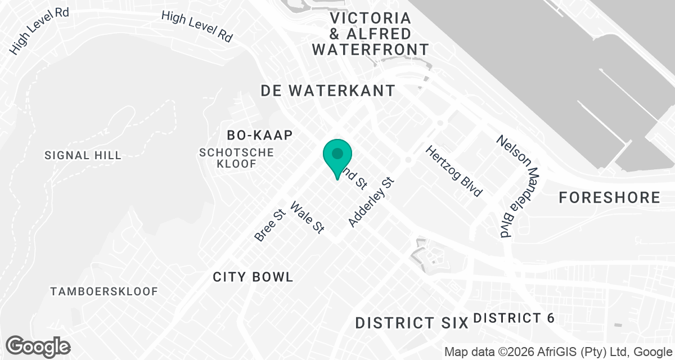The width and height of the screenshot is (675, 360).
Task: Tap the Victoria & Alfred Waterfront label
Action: click(x=370, y=34)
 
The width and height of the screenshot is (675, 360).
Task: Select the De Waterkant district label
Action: click(x=328, y=91)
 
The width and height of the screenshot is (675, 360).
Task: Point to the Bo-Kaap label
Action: click(x=260, y=135)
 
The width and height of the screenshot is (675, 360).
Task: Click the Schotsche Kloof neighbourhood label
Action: click(x=237, y=158)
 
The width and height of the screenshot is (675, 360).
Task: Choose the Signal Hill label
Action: click(x=83, y=155)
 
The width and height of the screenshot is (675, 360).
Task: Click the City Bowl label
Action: click(x=253, y=277)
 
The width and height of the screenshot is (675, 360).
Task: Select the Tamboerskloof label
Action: click(x=104, y=291)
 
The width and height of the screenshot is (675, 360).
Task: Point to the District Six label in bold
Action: click(x=412, y=323)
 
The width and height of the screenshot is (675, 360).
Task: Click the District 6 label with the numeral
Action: click(x=514, y=318)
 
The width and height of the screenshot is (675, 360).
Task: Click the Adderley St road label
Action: click(x=372, y=203)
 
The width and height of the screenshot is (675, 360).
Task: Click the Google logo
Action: click(x=38, y=346)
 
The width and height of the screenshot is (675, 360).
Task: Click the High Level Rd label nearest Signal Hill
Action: click(x=39, y=31)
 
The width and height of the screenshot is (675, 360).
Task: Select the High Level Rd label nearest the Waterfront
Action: click(x=197, y=26)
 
